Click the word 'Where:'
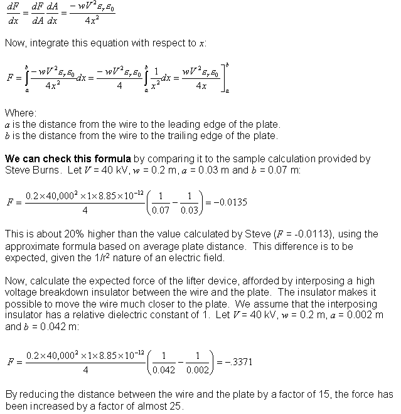click(20, 113)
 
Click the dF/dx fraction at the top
click(12, 12)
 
